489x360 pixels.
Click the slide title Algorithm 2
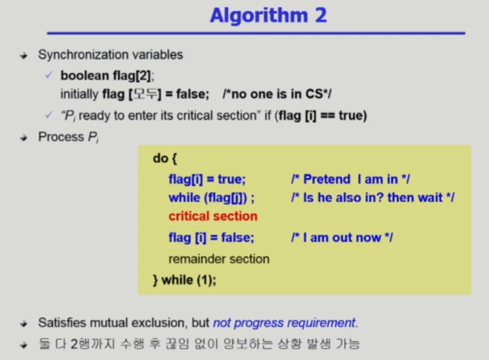[268, 15]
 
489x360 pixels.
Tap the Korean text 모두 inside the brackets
[145, 94]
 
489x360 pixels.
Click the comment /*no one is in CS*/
[277, 94]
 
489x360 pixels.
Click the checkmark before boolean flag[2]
[49, 75]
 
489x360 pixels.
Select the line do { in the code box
[165, 158]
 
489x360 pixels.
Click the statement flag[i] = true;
[207, 179]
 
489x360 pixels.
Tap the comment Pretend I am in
[351, 179]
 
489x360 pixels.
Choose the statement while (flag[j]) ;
[211, 198]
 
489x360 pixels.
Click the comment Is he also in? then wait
[373, 198]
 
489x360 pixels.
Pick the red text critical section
[213, 216]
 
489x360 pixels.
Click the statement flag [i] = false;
[211, 238]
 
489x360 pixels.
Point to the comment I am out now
[342, 238]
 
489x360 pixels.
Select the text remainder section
[219, 259]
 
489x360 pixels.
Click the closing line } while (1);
[184, 280]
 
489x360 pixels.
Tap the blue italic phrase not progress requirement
[284, 323]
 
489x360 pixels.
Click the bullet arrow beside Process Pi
[24, 138]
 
